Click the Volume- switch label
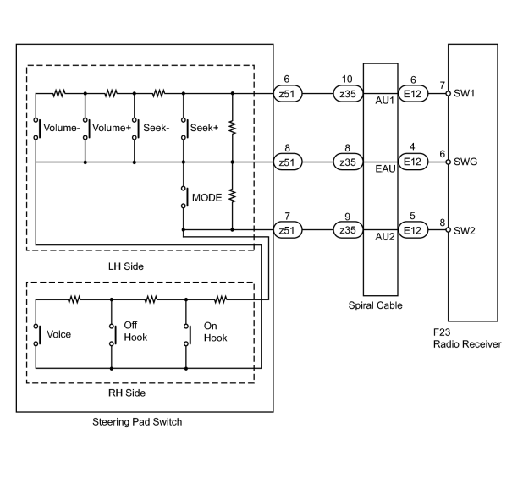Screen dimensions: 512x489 62,128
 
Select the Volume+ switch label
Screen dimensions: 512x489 112,128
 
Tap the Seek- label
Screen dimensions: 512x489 156,128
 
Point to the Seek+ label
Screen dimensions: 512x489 204,128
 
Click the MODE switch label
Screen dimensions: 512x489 207,197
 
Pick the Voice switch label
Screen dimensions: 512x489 58,334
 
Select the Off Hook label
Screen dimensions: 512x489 135,331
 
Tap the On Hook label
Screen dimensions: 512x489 215,332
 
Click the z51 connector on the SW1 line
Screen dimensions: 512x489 288,94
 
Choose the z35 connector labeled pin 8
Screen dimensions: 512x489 348,162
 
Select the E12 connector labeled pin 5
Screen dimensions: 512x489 413,230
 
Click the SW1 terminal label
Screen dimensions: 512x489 464,93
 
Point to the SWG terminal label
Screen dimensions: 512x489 465,162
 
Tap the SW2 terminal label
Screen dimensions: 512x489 465,230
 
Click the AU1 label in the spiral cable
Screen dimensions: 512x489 385,101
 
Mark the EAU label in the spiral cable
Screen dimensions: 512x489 385,168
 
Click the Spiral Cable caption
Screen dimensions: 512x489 375,305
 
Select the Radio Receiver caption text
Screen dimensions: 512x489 467,344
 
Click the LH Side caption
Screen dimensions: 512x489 126,266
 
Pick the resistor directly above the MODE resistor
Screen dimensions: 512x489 232,128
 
